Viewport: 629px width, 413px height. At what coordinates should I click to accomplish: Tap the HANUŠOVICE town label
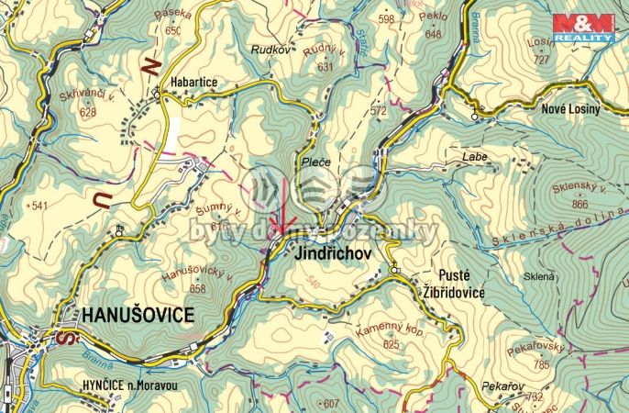(138, 315)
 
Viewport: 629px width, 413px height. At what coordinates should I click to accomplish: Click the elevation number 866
(579, 205)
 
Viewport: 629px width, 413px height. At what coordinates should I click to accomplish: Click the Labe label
(475, 157)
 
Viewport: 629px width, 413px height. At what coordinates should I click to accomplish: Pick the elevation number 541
(39, 206)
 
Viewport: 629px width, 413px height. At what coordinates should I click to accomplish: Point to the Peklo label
(434, 18)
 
